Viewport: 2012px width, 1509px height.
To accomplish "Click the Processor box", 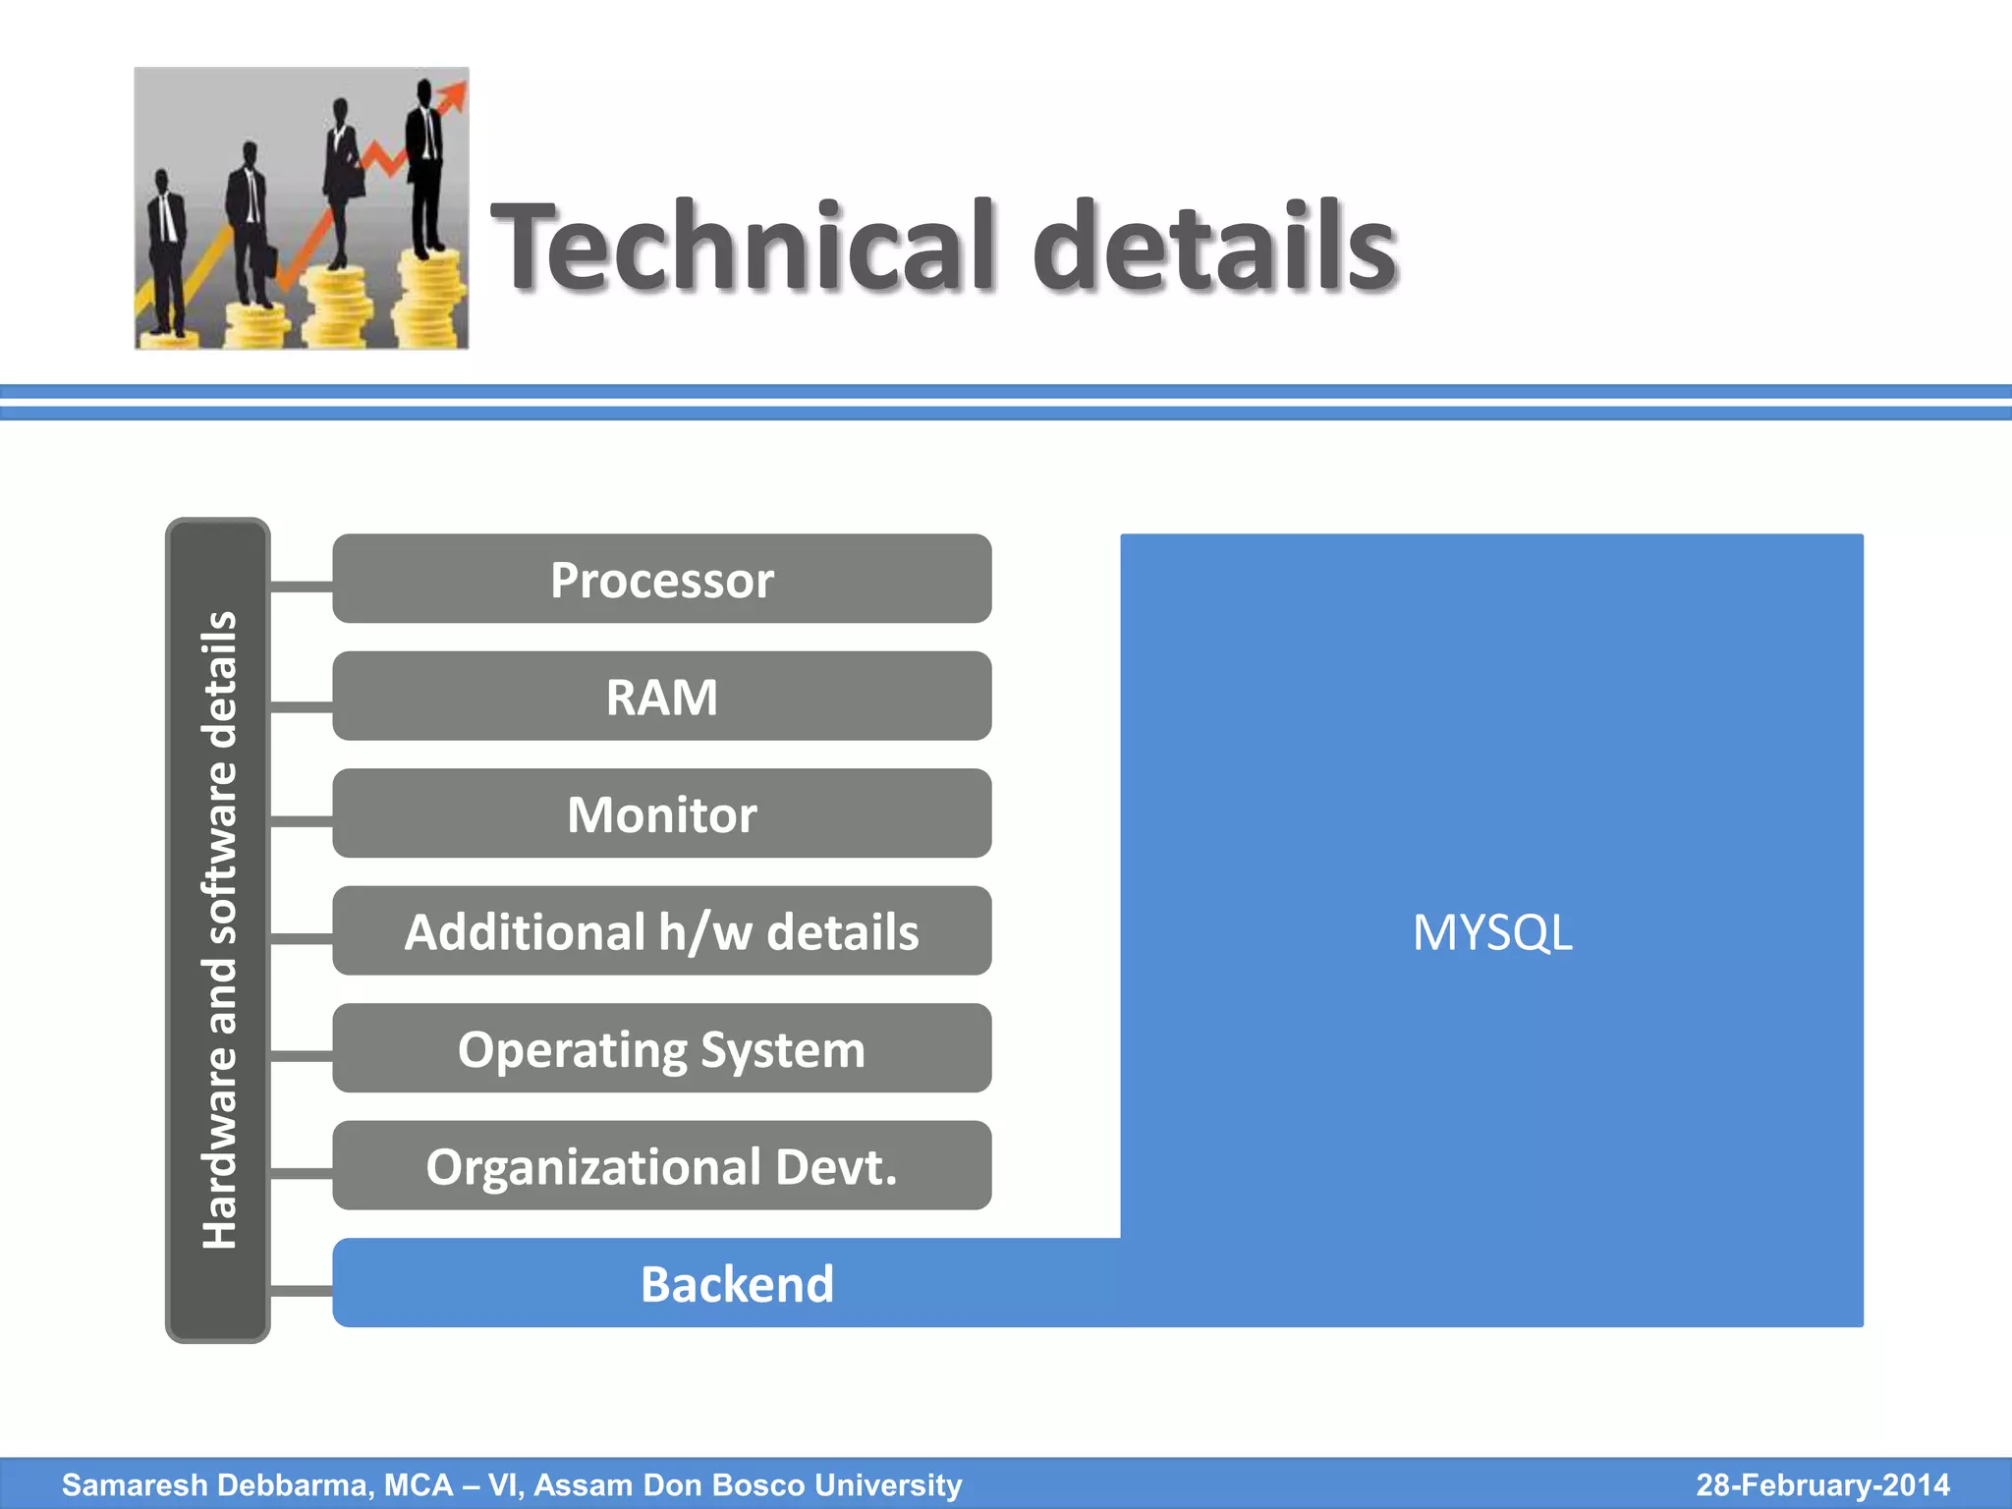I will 661,579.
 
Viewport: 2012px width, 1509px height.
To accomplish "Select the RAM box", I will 661,696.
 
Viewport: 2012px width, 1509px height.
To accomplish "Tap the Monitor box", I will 661,813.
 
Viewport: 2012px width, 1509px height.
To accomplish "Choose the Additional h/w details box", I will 661,930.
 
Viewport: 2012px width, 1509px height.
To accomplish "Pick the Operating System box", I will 661,1048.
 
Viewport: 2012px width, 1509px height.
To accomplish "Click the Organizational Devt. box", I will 661,1165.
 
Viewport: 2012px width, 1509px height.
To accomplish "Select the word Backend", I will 737,1284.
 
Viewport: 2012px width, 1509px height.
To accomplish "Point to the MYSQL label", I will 1491,932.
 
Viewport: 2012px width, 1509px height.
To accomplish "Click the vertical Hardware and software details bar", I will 218,929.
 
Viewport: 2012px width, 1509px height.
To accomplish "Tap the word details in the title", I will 1214,246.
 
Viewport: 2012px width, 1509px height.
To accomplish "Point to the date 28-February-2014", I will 1822,1484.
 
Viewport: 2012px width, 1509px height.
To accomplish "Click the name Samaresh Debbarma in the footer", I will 216,1484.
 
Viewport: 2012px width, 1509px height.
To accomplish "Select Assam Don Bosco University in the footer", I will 748,1484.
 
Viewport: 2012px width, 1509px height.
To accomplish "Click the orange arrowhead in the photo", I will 454,96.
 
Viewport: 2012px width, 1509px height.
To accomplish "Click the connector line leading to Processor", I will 301,587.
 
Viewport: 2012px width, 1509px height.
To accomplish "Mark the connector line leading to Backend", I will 301,1290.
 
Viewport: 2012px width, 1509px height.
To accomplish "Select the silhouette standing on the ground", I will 165,255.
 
